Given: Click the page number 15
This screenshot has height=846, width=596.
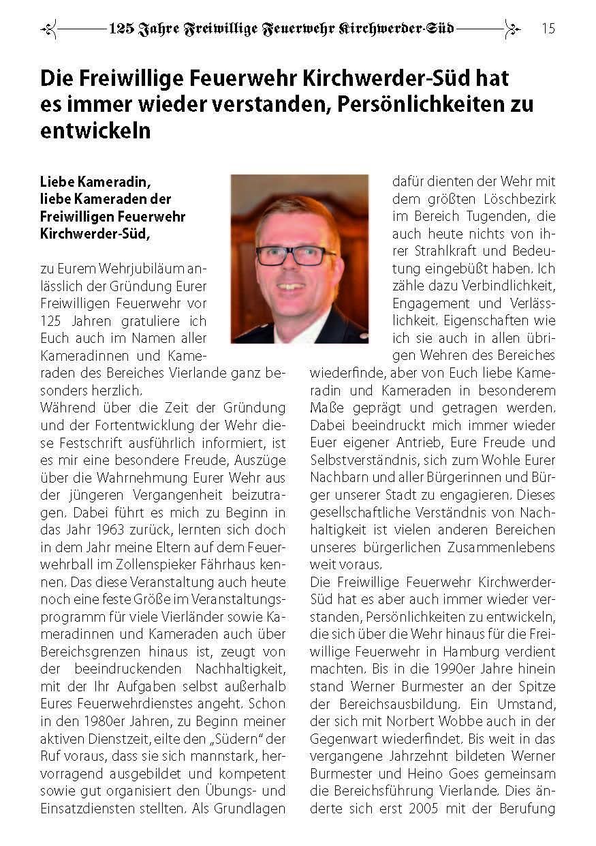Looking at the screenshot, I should [548, 29].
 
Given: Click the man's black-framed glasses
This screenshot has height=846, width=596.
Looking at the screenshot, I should [296, 256].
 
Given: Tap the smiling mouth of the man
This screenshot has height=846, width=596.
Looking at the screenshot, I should [292, 286].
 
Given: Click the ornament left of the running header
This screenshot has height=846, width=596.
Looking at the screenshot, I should [49, 29].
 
